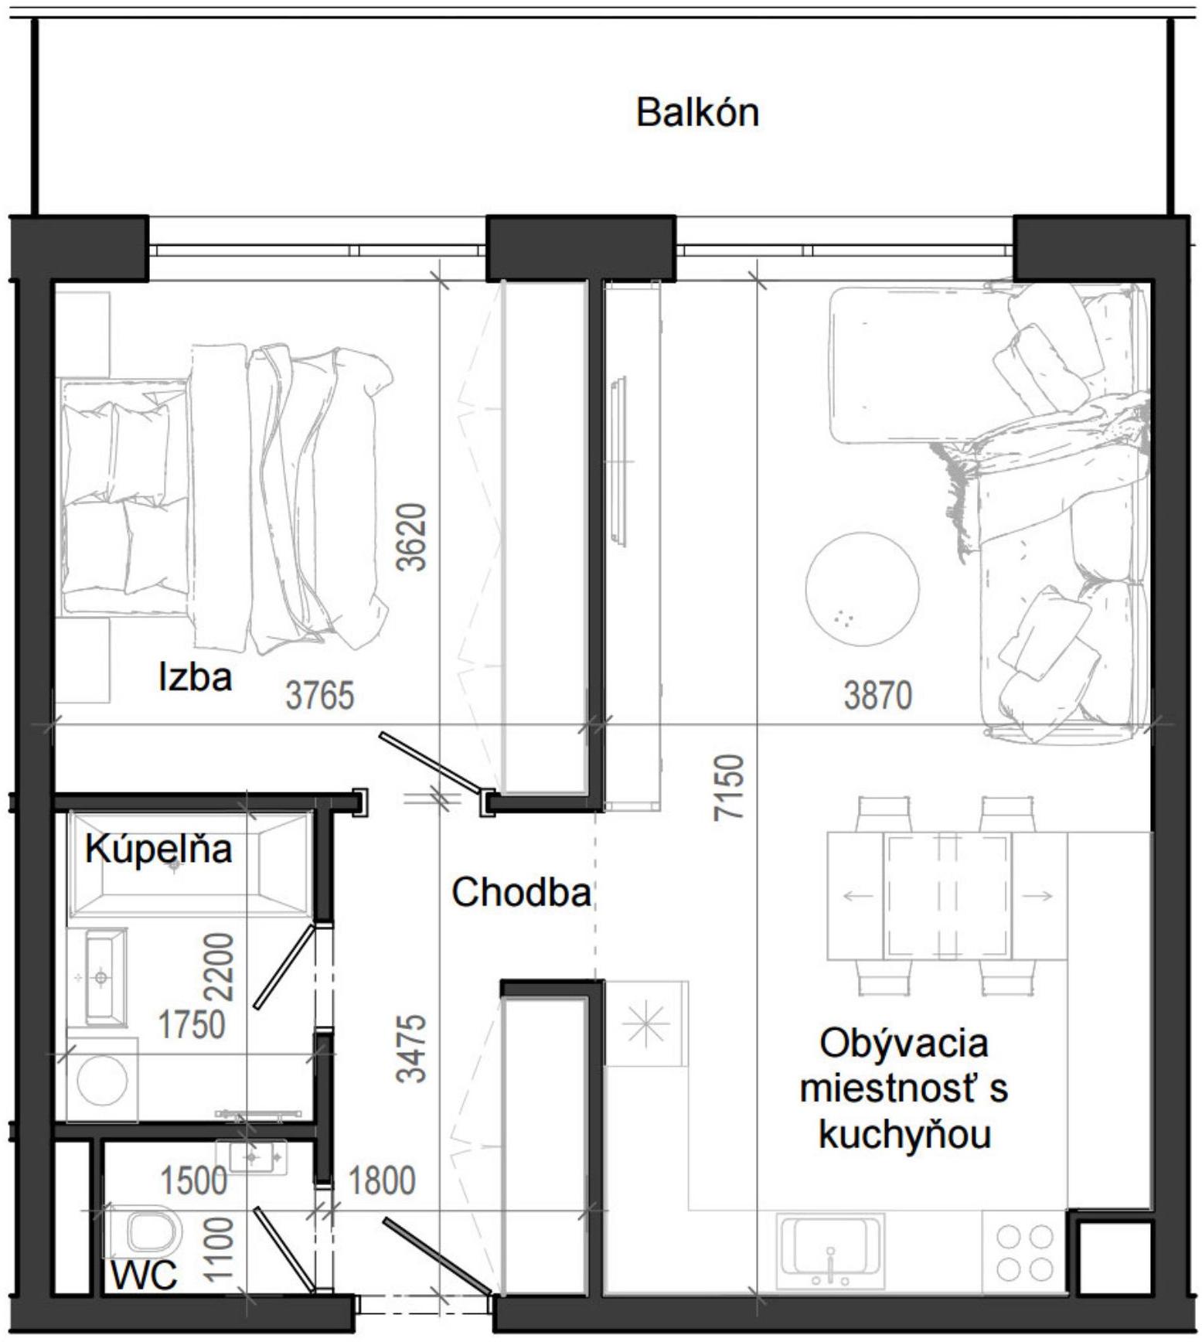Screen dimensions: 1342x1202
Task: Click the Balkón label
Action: point(697,113)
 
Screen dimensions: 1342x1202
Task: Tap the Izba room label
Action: point(195,677)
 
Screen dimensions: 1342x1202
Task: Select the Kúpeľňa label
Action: point(158,849)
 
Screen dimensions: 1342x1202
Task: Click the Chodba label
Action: point(521,893)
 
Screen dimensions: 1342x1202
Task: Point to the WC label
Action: point(145,1275)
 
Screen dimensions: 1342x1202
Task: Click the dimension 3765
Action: point(319,695)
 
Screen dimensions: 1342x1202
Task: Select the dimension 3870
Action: point(877,695)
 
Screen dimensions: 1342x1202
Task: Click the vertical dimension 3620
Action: point(411,537)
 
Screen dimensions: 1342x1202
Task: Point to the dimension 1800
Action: point(382,1181)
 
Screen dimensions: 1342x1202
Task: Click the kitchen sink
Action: point(831,1251)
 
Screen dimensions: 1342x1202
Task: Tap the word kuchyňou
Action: point(904,1136)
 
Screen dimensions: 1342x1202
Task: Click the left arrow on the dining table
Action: point(856,896)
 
